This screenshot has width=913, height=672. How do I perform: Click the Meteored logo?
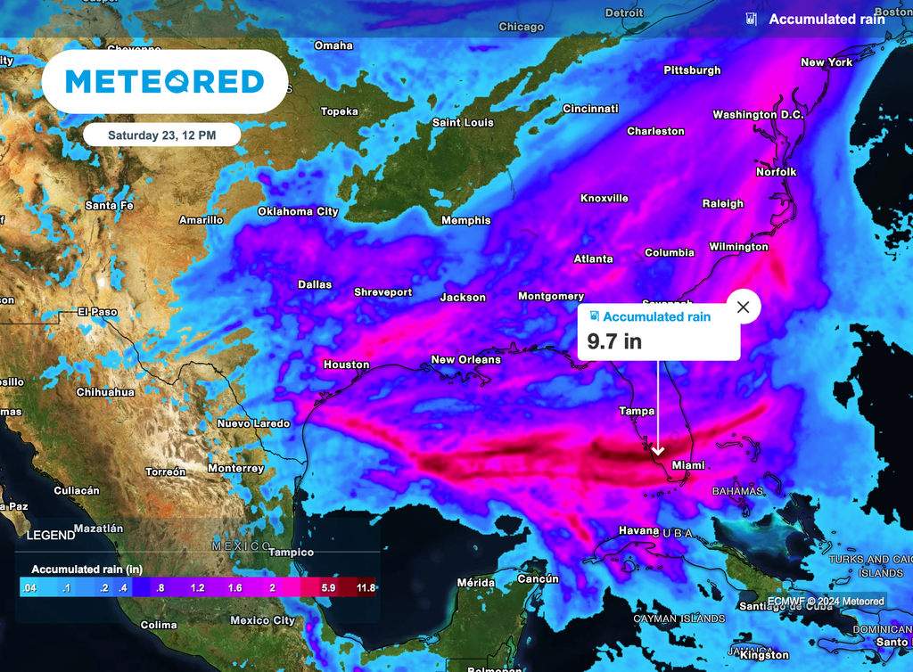tap(165, 82)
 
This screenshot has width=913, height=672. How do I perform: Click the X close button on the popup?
tap(744, 307)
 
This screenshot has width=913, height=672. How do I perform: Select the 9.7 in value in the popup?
tap(613, 340)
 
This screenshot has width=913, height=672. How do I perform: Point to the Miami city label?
tap(688, 465)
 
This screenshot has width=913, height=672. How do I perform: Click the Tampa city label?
tap(637, 411)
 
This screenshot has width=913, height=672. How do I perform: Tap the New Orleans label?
tap(465, 359)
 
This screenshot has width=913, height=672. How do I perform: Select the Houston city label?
tap(346, 365)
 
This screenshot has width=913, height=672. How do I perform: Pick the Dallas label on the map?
tap(314, 284)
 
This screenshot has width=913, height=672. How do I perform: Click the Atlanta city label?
tap(593, 258)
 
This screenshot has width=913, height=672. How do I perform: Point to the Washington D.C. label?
tap(758, 115)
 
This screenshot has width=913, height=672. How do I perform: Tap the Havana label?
tap(638, 530)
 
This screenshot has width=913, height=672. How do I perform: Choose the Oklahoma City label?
tap(298, 211)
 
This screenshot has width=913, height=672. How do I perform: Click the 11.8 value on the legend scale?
tap(366, 587)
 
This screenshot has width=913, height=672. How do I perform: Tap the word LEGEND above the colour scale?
tap(51, 536)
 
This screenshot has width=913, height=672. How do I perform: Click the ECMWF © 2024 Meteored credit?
tap(826, 602)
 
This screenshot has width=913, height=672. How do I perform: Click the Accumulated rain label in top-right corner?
tap(827, 19)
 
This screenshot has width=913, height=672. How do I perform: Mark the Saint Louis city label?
tap(463, 122)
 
